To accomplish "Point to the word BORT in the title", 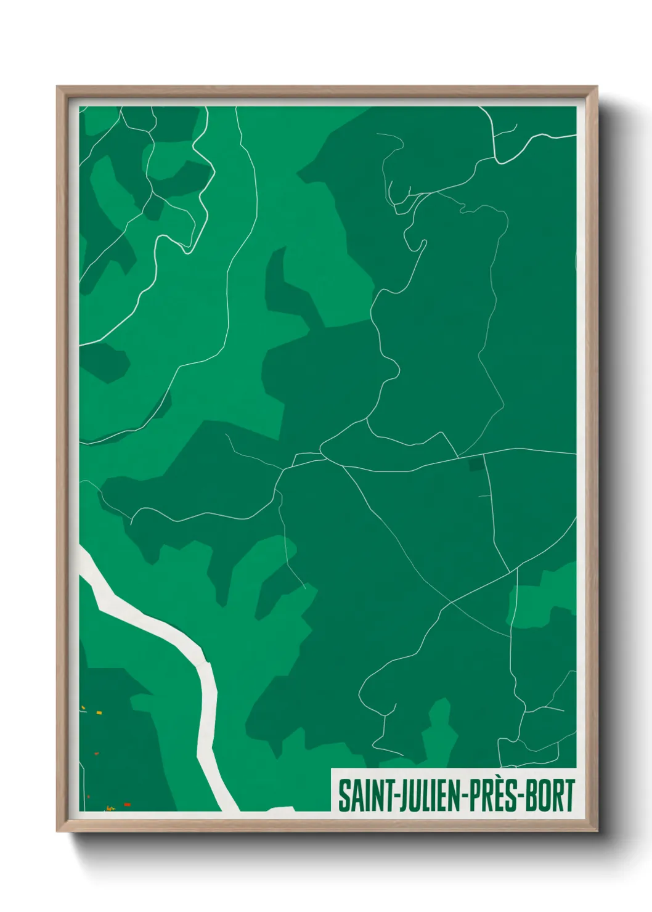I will pyautogui.click(x=551, y=796).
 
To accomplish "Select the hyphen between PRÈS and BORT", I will pyautogui.click(x=521, y=797).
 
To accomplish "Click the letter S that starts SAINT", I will pyautogui.click(x=343, y=796).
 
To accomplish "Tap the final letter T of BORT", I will pyautogui.click(x=569, y=796).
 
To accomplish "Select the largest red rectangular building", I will pyautogui.click(x=127, y=804).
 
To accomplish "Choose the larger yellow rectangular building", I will pyautogui.click(x=98, y=712).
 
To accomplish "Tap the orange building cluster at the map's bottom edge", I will pyautogui.click(x=111, y=808).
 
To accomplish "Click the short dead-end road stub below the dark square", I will pyautogui.click(x=486, y=495).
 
